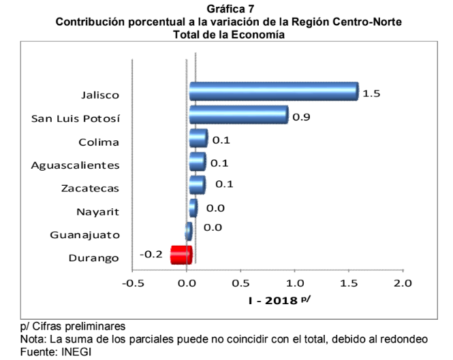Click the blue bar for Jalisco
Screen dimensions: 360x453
[x=272, y=91]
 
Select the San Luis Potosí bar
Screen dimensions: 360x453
[x=238, y=115]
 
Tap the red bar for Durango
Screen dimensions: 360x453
[x=181, y=255]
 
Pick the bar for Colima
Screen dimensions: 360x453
[x=198, y=139]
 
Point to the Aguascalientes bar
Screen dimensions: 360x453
[x=198, y=162]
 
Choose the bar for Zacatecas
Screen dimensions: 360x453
[x=198, y=185]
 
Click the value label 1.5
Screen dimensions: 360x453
[x=371, y=93]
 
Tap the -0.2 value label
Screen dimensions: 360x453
[x=151, y=255]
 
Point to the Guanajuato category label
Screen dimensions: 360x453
[x=85, y=235]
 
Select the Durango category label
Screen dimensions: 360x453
[x=94, y=258]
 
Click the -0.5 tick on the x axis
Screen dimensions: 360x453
[x=132, y=282]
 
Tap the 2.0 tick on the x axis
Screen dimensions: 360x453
[x=403, y=282]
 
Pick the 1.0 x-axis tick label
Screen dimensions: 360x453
[x=295, y=282]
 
